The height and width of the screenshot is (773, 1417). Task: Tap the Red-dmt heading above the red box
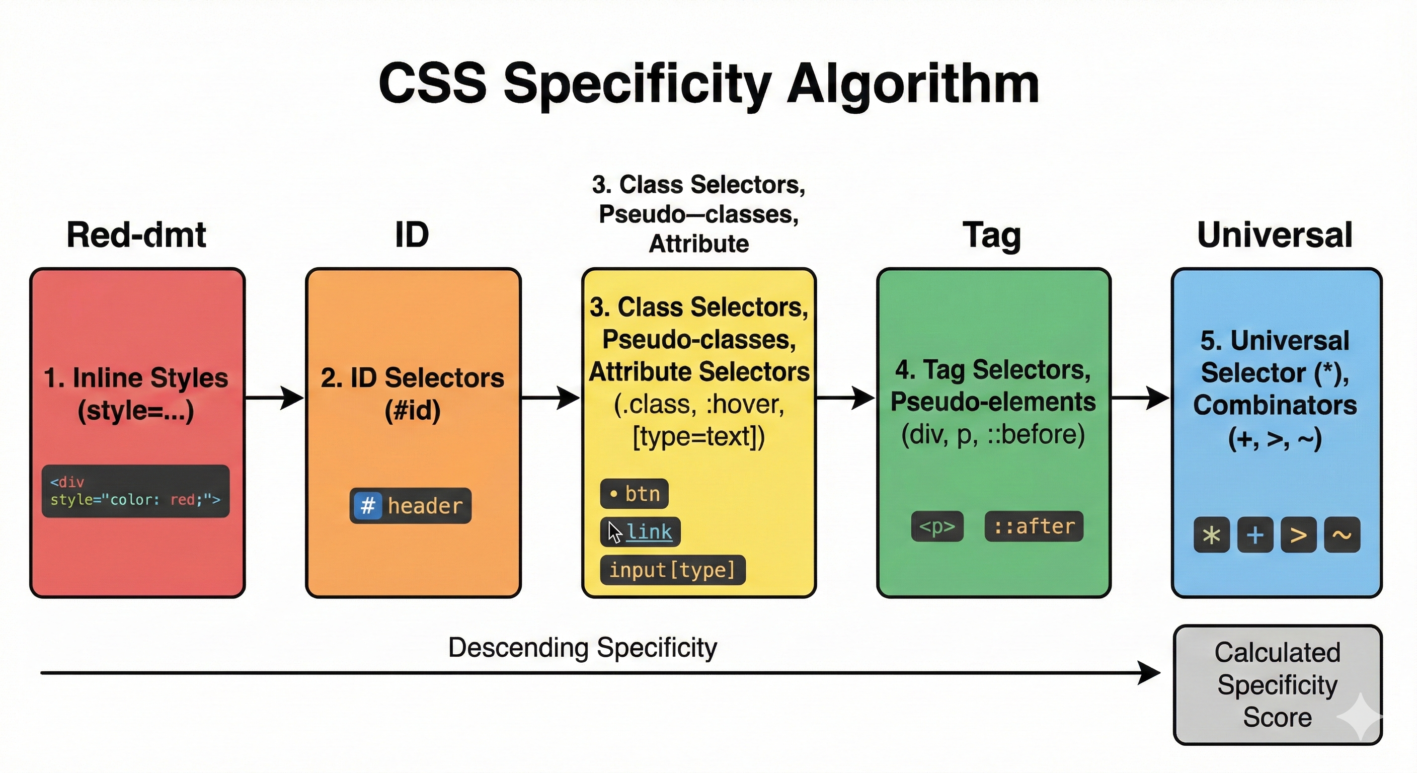136,235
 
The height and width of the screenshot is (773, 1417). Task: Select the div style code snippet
135,491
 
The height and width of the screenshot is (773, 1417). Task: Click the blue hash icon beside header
367,505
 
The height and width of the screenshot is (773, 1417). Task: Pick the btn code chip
634,494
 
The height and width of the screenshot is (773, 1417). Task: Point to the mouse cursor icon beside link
614,532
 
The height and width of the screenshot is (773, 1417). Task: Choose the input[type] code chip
672,570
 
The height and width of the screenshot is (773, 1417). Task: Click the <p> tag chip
937,526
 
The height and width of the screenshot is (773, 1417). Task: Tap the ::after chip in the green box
1034,526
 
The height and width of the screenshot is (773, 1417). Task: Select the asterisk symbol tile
1211,535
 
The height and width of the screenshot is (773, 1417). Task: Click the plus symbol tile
1255,535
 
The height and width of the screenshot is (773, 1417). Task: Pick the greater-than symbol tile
1298,535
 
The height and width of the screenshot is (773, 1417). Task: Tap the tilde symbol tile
1342,535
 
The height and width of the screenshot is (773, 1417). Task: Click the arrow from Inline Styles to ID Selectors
275,397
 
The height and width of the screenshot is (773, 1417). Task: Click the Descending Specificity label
582,648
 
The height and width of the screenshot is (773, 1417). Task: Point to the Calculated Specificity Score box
1277,684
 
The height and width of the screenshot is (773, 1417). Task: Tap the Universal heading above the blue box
1275,235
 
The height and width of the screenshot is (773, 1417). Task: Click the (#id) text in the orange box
413,411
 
